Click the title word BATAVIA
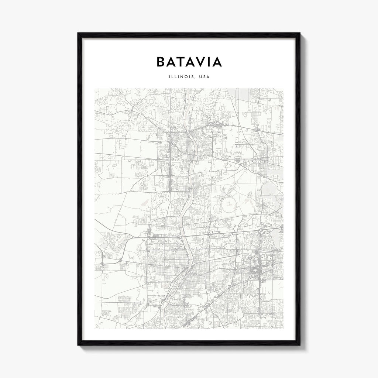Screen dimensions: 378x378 click(189, 62)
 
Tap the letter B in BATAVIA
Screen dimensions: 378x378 click(161, 62)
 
